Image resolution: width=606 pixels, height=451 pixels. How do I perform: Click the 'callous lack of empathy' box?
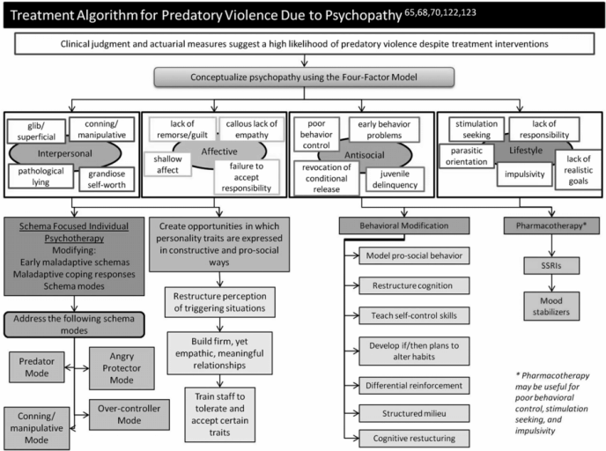click(249, 129)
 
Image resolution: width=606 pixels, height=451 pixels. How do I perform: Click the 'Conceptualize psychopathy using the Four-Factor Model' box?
click(302, 78)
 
